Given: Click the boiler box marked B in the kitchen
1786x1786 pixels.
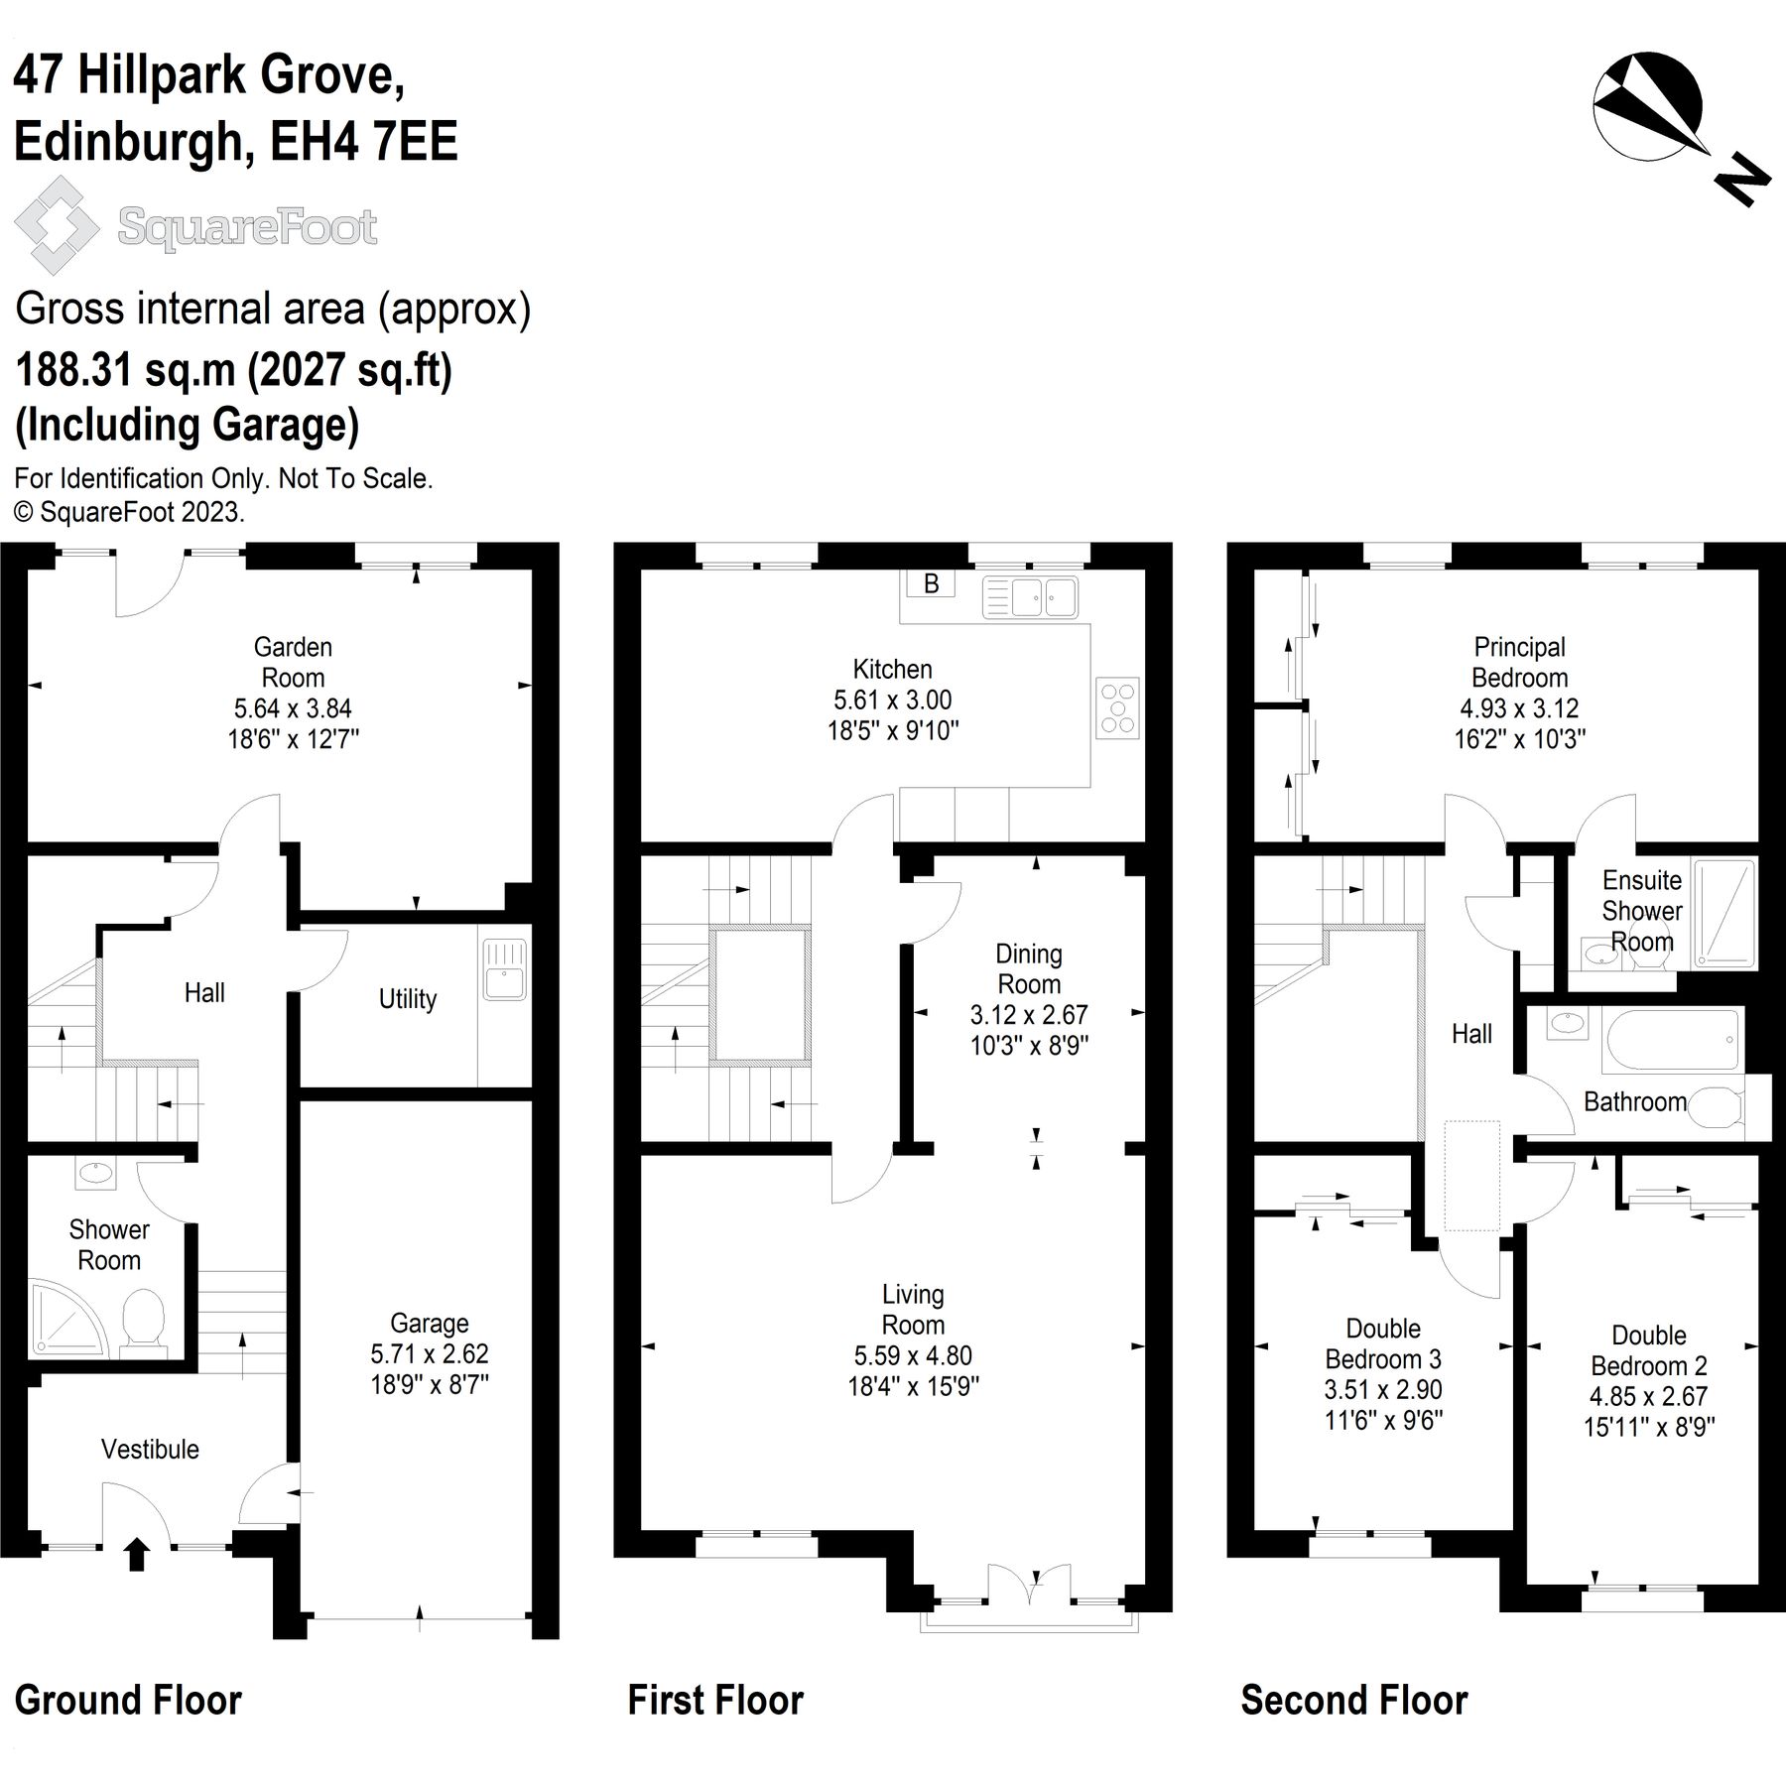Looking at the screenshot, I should [931, 583].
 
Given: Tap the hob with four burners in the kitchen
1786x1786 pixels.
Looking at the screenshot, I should [1117, 707].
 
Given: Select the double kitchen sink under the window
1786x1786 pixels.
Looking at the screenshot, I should [1030, 597].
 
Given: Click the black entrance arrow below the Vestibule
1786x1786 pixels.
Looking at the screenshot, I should [137, 1554].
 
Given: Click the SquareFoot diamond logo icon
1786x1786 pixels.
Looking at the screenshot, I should [57, 225].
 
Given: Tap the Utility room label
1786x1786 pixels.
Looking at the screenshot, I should [407, 998].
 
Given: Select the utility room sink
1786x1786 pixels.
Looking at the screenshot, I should [504, 969].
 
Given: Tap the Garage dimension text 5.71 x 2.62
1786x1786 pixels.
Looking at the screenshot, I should [429, 1353].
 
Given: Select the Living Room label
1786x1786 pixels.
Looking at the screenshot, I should [913, 1309].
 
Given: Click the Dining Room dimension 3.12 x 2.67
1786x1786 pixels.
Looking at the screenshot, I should [1029, 1015].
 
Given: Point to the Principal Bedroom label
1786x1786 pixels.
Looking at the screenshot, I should [1519, 662].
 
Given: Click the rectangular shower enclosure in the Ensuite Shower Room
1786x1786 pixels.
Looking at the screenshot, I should [1724, 913].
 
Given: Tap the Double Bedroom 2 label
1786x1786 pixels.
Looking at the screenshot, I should [1649, 1350].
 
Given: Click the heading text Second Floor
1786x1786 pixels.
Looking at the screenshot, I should [1353, 1700].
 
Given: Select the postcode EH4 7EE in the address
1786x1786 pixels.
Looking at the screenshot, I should [364, 141].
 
